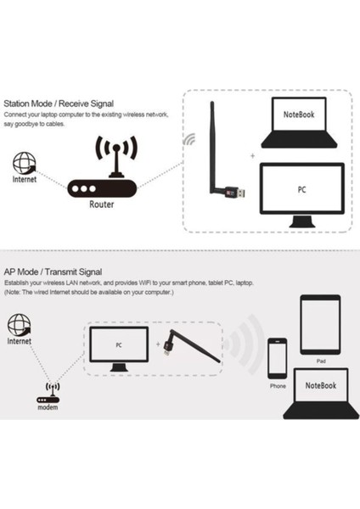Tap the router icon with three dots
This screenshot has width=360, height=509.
[101, 189]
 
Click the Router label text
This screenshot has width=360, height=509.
[102, 204]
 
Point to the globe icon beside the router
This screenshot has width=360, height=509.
[25, 163]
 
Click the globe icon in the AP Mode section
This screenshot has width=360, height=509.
[20, 325]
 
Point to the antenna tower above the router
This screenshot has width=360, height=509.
[110, 154]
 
